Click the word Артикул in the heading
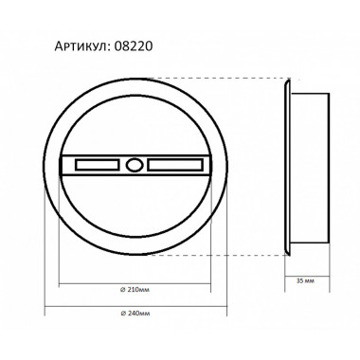(x=81, y=46)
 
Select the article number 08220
(x=134, y=46)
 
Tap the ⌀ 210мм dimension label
(x=135, y=290)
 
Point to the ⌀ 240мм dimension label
(x=135, y=314)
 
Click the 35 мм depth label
(x=306, y=280)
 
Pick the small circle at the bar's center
(x=135, y=165)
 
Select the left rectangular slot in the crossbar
(x=97, y=165)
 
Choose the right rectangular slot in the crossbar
(x=175, y=165)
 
